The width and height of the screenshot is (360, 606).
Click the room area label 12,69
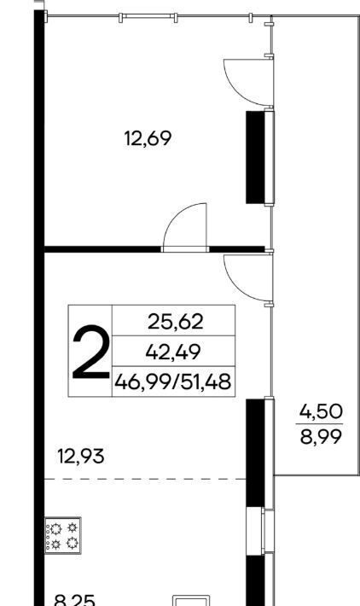coord(148,138)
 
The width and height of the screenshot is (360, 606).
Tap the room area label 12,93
coord(81,456)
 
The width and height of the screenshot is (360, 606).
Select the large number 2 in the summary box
coord(90,352)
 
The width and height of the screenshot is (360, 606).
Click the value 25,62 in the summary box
coord(175,322)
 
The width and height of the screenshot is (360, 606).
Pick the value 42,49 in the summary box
coord(173,353)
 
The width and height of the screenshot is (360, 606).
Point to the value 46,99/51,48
coord(173,382)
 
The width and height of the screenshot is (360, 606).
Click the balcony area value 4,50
coord(321,411)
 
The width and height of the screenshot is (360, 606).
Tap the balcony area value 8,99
coord(321,437)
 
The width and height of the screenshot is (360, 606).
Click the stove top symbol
coord(63,535)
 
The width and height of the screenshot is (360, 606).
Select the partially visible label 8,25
coord(74,600)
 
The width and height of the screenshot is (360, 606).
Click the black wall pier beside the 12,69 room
coord(255,157)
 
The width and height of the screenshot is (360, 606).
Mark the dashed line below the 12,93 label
coord(145,479)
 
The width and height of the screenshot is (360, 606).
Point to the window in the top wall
coord(148,16)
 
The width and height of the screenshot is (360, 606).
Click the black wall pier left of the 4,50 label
coord(255,452)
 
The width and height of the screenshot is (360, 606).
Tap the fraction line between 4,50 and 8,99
coord(321,424)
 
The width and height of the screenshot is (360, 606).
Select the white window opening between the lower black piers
coord(255,531)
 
